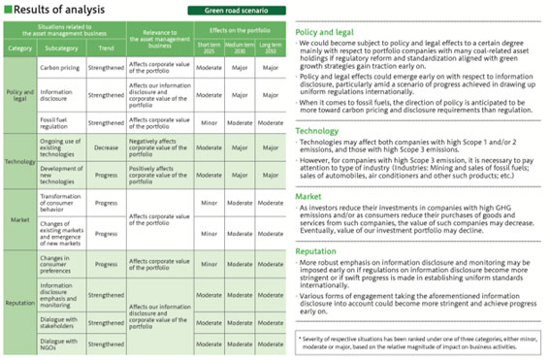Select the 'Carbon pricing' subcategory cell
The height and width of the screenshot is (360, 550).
click(60, 70)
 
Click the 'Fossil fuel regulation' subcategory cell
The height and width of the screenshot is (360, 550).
click(60, 123)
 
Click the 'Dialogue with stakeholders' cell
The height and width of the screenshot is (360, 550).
click(60, 321)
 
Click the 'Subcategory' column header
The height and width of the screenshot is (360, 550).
click(60, 47)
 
